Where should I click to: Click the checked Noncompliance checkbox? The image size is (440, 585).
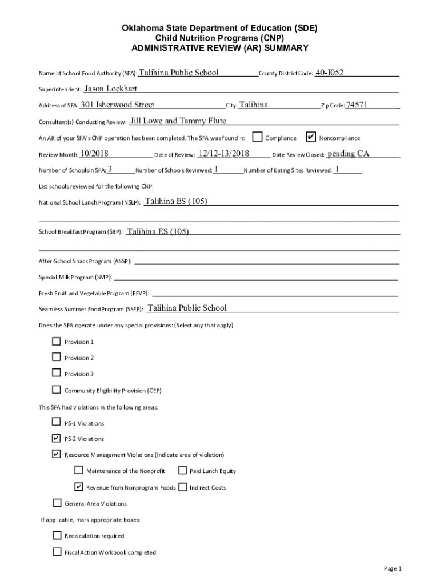coord(311,137)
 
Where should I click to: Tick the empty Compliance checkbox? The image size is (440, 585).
coord(258,137)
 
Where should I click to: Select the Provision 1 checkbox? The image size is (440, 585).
coord(57,342)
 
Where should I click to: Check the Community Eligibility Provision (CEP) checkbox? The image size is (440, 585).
coord(57,390)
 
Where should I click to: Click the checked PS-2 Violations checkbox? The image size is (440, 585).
coord(57,438)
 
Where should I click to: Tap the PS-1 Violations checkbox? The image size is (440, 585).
coord(57,422)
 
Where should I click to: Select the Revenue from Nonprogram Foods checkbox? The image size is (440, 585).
coord(79,487)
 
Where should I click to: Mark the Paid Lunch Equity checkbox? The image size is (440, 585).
coord(182,471)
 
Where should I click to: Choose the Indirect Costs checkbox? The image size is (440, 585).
coord(182,487)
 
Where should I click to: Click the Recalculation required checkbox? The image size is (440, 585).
coord(57,535)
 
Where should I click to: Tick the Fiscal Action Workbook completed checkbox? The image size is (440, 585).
coord(57,552)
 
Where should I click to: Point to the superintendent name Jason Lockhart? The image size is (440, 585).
coord(110,89)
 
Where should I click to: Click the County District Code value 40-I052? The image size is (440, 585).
coord(330,73)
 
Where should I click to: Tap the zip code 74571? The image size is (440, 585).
coord(357,105)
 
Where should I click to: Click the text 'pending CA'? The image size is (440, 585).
coord(349,153)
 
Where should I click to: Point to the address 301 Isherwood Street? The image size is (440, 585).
coord(118,105)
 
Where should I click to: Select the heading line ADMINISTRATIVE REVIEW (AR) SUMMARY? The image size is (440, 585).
coord(220,49)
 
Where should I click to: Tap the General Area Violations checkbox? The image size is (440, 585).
coord(57,503)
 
